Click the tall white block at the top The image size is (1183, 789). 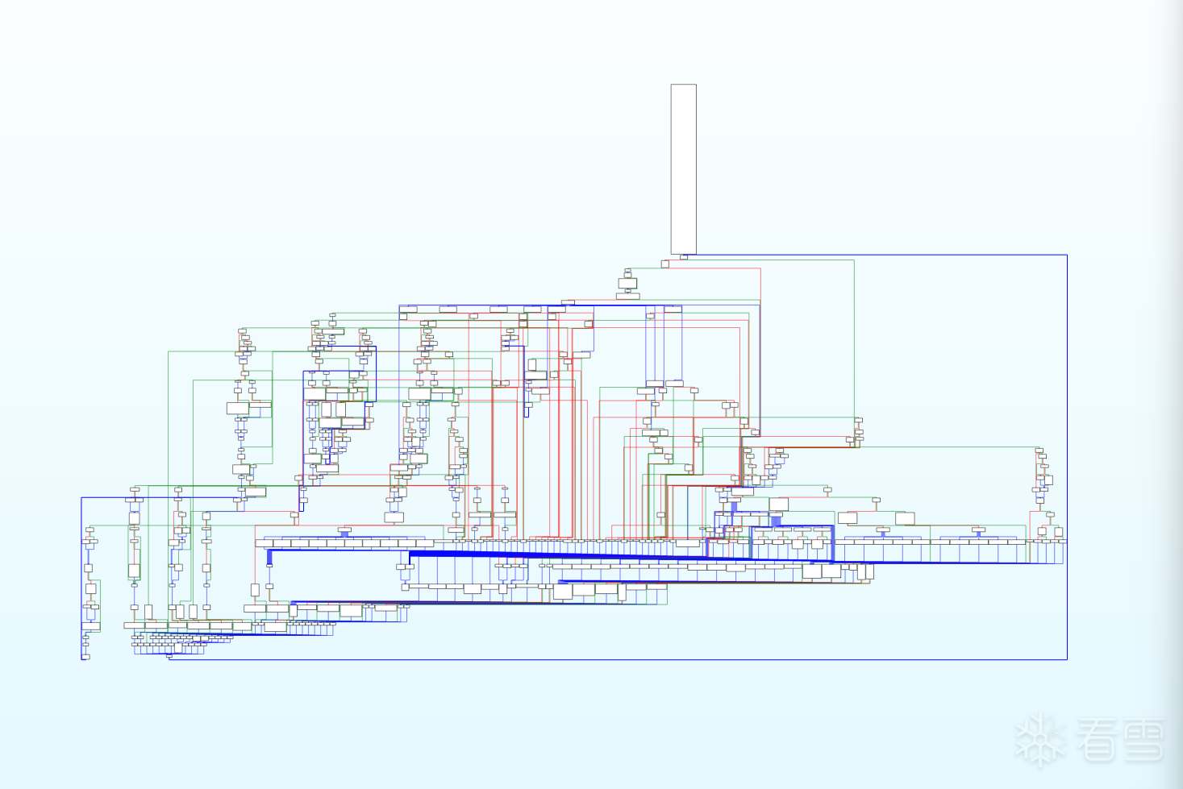(x=683, y=168)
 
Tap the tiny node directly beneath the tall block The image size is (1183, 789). (x=684, y=257)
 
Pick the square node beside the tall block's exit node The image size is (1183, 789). (x=665, y=264)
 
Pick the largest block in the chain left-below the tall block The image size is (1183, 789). (x=627, y=284)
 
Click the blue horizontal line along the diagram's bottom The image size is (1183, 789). (x=613, y=659)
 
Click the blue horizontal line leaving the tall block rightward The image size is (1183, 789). (x=879, y=255)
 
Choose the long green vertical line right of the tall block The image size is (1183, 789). (x=854, y=338)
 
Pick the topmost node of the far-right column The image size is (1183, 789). (x=1039, y=451)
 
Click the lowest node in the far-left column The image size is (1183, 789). (x=85, y=657)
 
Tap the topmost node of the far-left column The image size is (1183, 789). (x=90, y=529)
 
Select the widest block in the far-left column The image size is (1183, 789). (x=90, y=626)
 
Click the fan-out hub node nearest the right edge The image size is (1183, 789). (x=978, y=531)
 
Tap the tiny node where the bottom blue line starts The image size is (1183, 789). (x=169, y=657)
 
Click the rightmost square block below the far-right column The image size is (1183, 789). (x=1059, y=532)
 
